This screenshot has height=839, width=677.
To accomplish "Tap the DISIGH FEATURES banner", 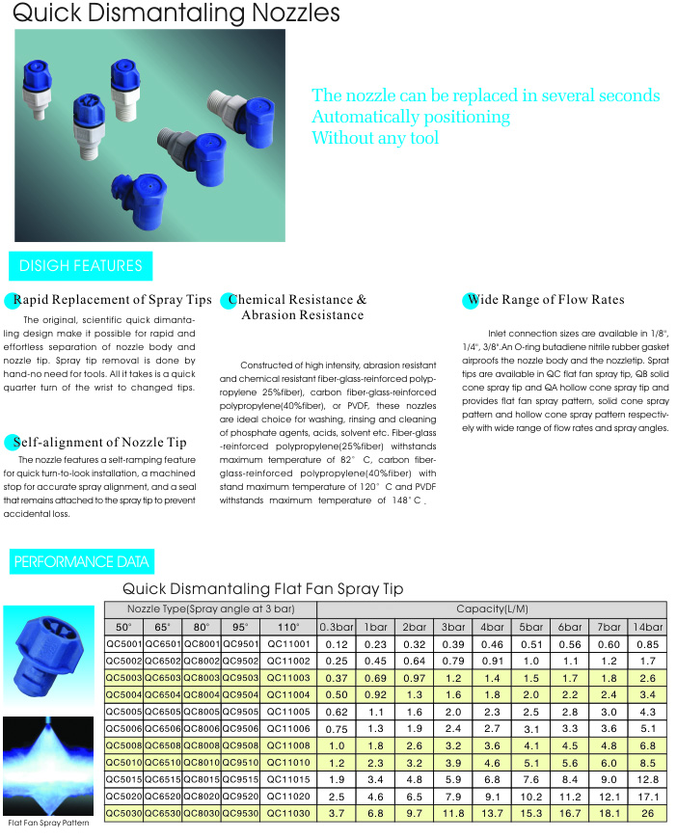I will tap(80, 266).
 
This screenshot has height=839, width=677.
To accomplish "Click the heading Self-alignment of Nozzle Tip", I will tap(100, 443).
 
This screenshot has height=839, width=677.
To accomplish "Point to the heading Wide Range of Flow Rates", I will tap(546, 300).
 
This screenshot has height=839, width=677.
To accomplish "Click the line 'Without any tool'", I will tap(375, 138).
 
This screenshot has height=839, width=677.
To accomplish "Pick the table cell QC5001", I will tap(123, 644).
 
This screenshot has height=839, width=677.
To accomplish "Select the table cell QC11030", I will tap(288, 813).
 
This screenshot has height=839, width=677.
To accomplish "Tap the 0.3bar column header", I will tap(337, 627).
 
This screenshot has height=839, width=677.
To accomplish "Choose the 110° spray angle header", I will tap(288, 627).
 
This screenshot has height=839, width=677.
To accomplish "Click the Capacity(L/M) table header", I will tap(492, 609).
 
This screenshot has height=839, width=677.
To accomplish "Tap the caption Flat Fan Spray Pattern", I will tap(48, 823).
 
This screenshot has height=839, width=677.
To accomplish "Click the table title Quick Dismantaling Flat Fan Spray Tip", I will tap(262, 588).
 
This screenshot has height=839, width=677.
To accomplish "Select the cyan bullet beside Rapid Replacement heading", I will tap(11, 301).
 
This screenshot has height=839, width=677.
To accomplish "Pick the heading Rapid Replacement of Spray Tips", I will tap(112, 300).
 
